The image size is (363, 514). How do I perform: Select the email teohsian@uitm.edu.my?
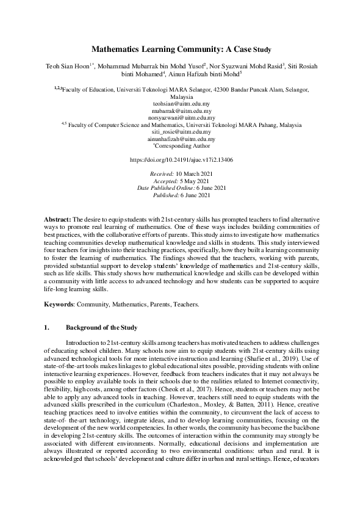tap(181, 104)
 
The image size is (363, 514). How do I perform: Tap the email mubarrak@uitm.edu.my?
tap(181, 111)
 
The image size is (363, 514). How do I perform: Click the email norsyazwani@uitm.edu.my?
tap(181, 118)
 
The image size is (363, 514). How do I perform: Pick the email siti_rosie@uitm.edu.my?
tap(181, 132)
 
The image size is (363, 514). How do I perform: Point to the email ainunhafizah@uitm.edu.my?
tap(181, 139)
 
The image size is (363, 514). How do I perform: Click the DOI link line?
tap(181, 159)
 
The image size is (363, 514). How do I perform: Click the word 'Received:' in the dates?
tap(162, 174)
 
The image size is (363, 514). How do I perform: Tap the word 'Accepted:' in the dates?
tap(163, 181)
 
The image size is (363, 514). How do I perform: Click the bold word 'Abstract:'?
tap(58, 219)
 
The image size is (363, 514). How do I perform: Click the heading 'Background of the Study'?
tap(101, 328)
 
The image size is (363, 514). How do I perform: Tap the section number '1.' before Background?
tap(46, 328)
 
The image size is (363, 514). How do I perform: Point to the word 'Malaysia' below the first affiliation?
tap(182, 97)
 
